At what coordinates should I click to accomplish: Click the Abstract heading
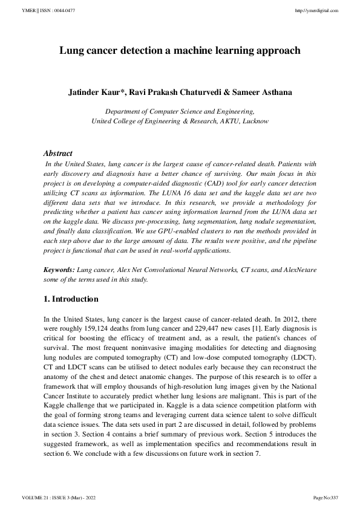(x=58, y=154)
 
